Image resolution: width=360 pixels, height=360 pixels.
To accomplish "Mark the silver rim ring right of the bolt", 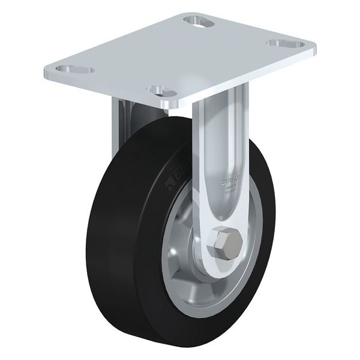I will point(259,240).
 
